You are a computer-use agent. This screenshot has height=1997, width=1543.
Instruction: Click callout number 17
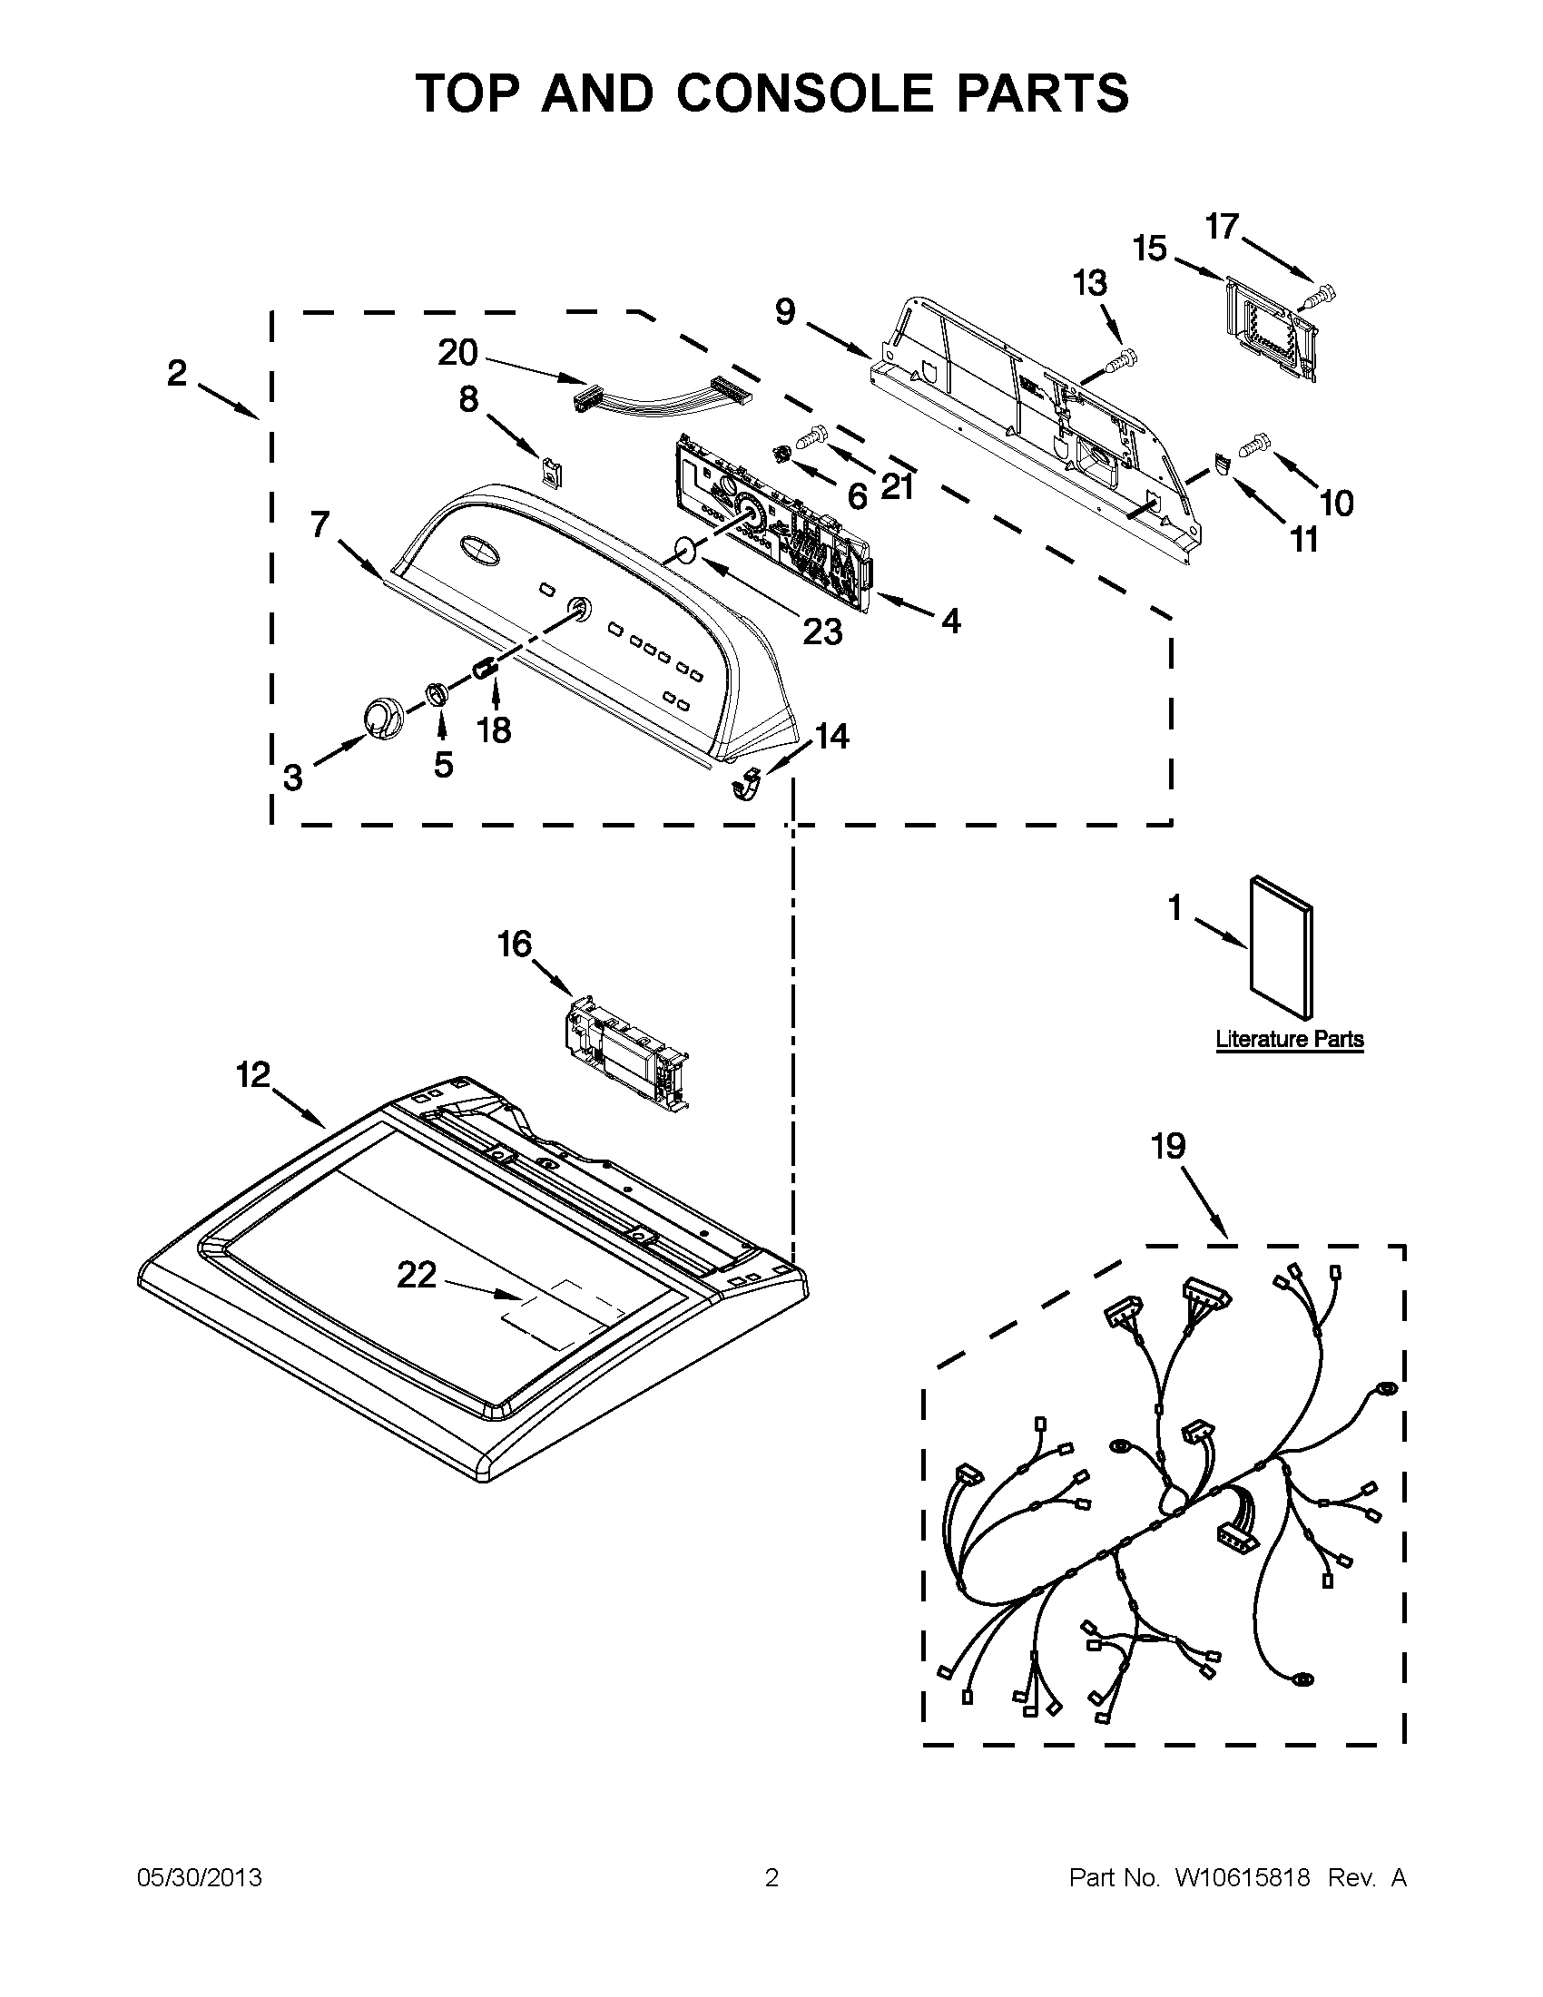tap(1221, 226)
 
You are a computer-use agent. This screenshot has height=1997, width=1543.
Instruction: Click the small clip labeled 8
tap(552, 472)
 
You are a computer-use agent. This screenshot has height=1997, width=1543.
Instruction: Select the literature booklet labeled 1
tap(1281, 946)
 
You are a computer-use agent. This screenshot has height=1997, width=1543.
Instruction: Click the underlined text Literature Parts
tap(1289, 1039)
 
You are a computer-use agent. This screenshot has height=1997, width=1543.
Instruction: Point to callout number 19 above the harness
tap(1168, 1146)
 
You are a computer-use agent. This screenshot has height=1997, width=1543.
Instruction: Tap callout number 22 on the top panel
tap(417, 1275)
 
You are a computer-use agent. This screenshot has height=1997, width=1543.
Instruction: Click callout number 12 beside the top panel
tap(253, 1074)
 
